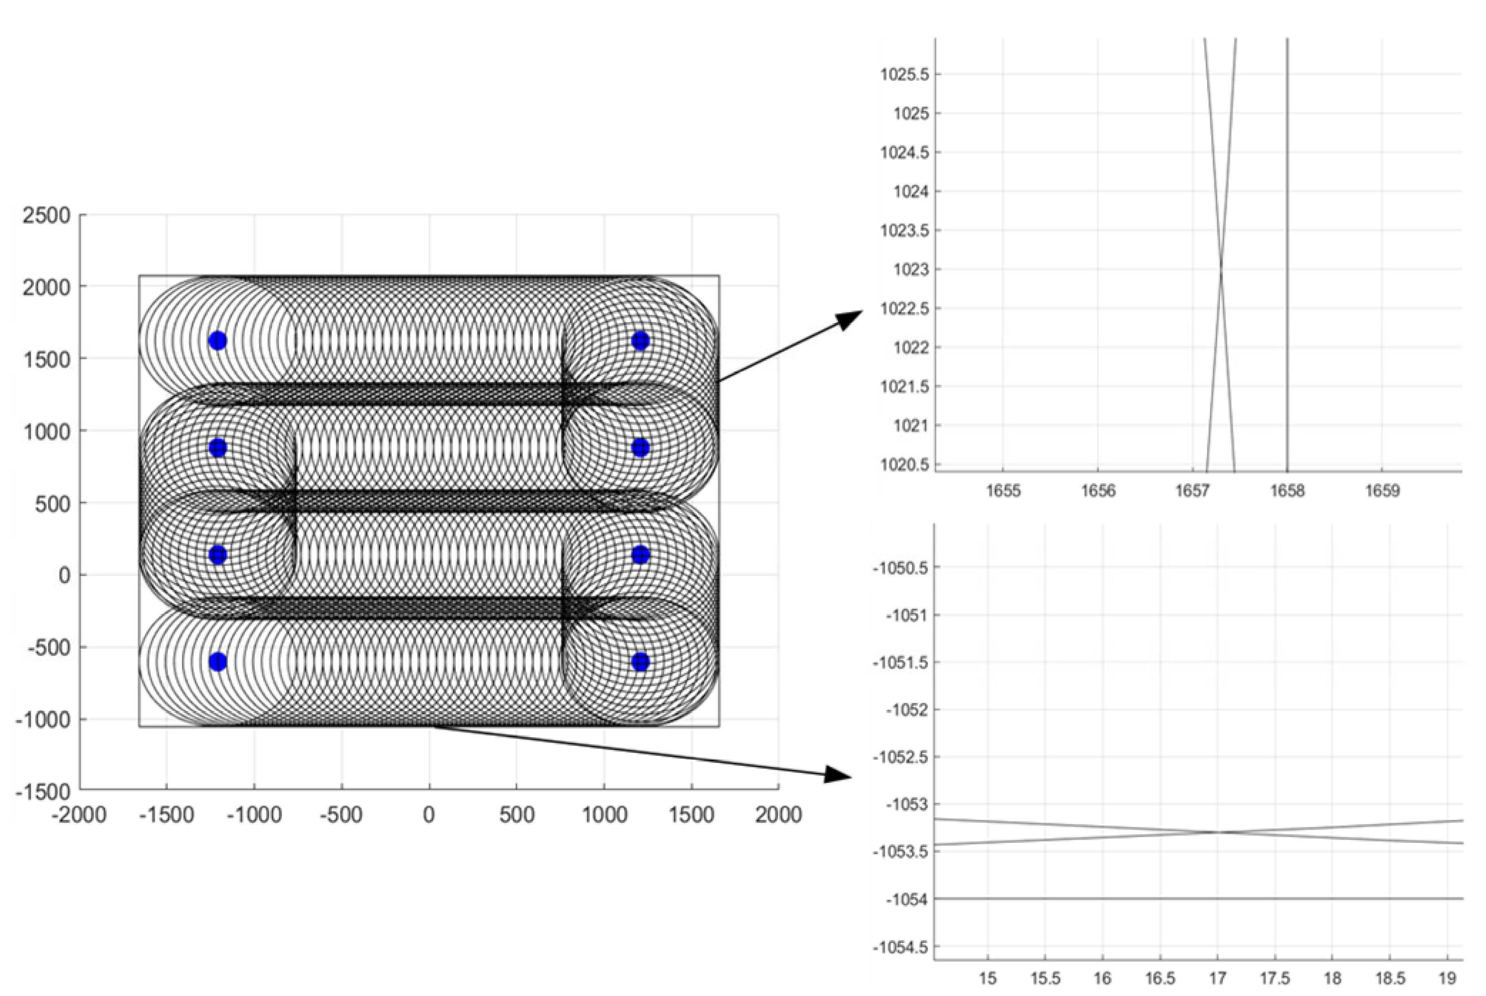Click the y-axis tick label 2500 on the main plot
(x=46, y=215)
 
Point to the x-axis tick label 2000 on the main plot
(x=778, y=815)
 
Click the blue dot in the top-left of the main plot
(x=218, y=341)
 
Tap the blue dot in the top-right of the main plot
(x=640, y=341)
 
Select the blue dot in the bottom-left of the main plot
(x=218, y=662)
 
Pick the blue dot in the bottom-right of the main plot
(x=640, y=662)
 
